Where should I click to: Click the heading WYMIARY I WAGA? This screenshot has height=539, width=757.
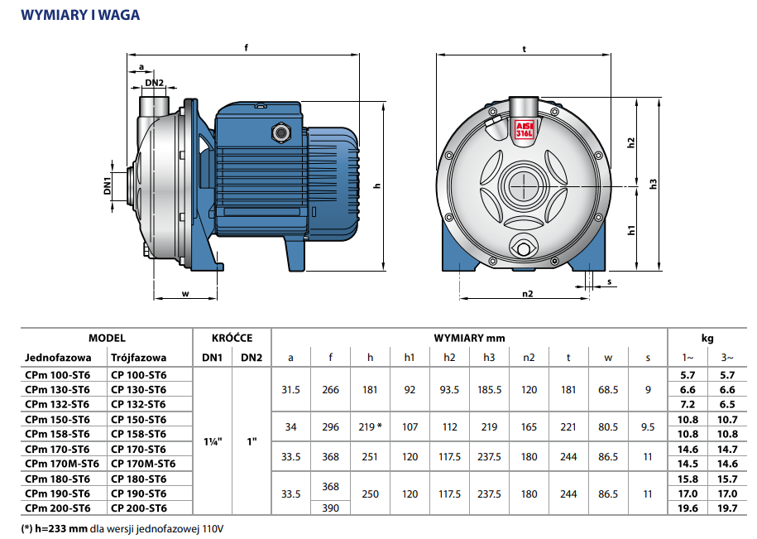[79, 15]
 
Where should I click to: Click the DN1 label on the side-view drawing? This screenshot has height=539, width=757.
[108, 185]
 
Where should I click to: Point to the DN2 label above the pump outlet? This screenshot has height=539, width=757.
[154, 83]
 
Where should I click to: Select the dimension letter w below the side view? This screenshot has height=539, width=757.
[186, 293]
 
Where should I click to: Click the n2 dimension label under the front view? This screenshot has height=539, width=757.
[527, 293]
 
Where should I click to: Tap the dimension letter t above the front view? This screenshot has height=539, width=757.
[525, 49]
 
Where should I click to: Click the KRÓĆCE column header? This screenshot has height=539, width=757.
[232, 338]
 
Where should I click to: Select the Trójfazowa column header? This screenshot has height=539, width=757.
[138, 359]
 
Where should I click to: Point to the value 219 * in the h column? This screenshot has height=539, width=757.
[370, 426]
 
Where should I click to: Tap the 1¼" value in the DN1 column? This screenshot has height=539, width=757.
[212, 441]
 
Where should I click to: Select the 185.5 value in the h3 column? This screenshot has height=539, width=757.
[489, 389]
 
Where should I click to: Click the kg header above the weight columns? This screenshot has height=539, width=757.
[707, 338]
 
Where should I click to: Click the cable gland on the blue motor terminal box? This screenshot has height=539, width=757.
[279, 131]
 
